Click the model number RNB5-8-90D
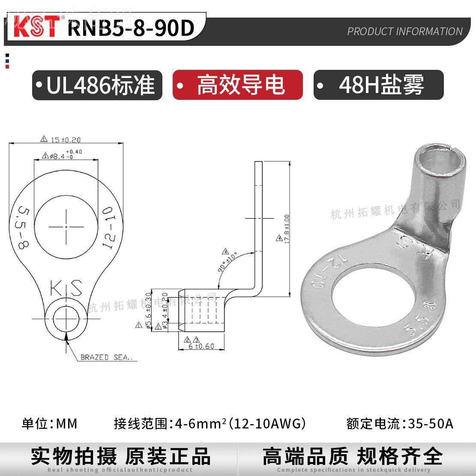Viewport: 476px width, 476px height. pyautogui.click(x=131, y=28)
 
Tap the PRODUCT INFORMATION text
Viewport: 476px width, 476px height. pyautogui.click(x=404, y=31)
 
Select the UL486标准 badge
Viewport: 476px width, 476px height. pyautogui.click(x=97, y=85)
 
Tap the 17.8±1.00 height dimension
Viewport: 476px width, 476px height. pyautogui.click(x=286, y=230)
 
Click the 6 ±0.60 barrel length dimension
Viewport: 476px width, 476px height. pyautogui.click(x=201, y=346)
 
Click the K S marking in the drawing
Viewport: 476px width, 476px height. pyautogui.click(x=66, y=288)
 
